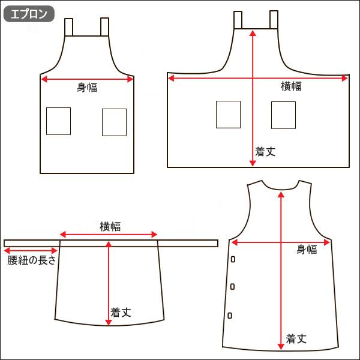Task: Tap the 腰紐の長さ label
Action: [31, 260]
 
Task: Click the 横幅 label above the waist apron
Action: [110, 226]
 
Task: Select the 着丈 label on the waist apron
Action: [121, 312]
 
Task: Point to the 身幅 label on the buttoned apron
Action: [306, 250]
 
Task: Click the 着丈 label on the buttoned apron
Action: [296, 338]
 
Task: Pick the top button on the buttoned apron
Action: [232, 259]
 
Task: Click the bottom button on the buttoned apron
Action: [230, 315]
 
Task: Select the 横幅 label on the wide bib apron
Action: [292, 86]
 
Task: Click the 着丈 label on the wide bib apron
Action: [265, 152]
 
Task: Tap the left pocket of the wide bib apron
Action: [228, 115]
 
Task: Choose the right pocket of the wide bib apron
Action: [283, 115]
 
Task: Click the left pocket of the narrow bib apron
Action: [58, 121]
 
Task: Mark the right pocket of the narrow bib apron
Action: [114, 122]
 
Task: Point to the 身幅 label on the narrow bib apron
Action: [87, 88]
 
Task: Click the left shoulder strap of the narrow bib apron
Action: [69, 27]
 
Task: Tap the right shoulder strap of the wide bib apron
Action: [274, 20]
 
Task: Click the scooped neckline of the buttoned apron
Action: [280, 188]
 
